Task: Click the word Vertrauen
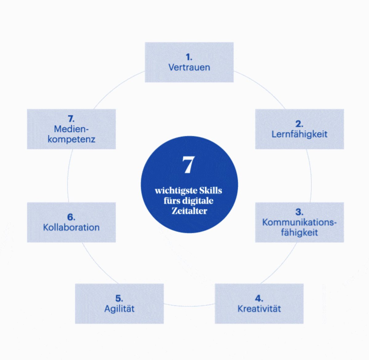pyautogui.click(x=189, y=67)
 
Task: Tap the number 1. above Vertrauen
pyautogui.click(x=189, y=57)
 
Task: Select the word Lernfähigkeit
pyautogui.click(x=299, y=134)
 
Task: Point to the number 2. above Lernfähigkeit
pyautogui.click(x=299, y=124)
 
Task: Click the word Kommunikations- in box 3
pyautogui.click(x=299, y=222)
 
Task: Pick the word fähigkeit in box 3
pyautogui.click(x=299, y=232)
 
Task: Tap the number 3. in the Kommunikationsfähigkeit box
pyautogui.click(x=299, y=212)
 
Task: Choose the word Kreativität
pyautogui.click(x=259, y=308)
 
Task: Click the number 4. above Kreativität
pyautogui.click(x=259, y=298)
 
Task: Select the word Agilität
pyautogui.click(x=119, y=308)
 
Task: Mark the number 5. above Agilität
pyautogui.click(x=119, y=298)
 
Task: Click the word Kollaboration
pyautogui.click(x=71, y=227)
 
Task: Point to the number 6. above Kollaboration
pyautogui.click(x=71, y=217)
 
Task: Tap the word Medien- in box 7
pyautogui.click(x=71, y=129)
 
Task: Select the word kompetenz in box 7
pyautogui.click(x=71, y=139)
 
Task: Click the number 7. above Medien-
pyautogui.click(x=71, y=119)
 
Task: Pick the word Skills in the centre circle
pyautogui.click(x=210, y=190)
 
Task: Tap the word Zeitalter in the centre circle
pyautogui.click(x=189, y=211)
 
